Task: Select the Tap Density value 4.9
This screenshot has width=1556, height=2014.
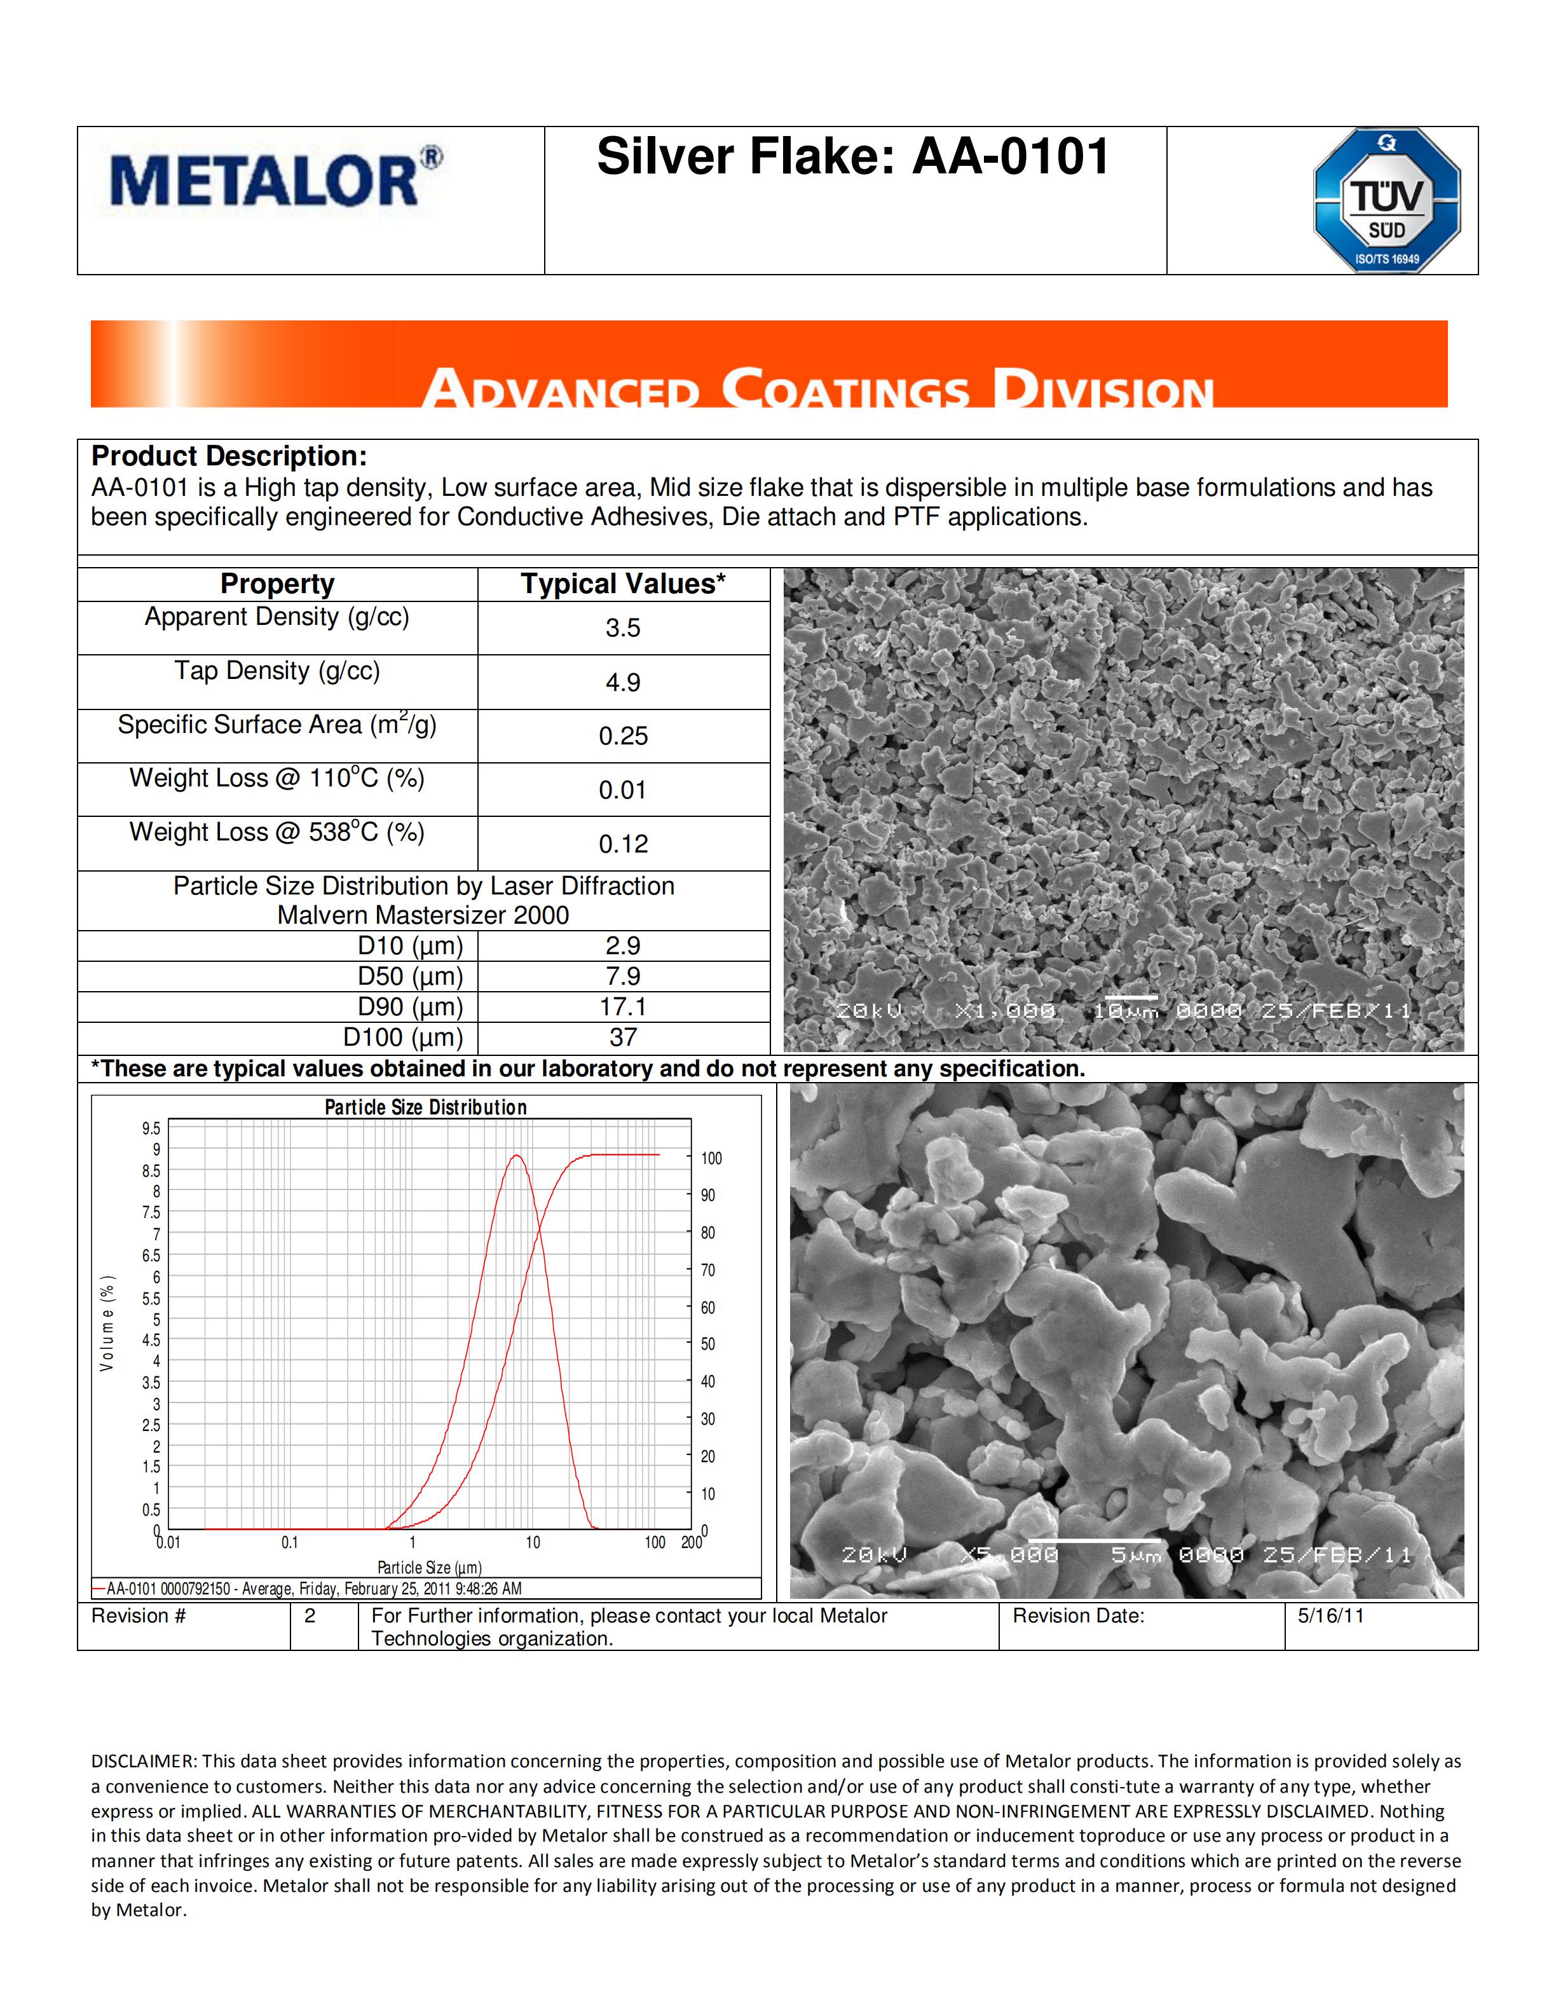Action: (623, 682)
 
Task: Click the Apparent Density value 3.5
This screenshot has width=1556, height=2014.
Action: (623, 628)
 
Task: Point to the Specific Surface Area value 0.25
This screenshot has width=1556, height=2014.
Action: (623, 736)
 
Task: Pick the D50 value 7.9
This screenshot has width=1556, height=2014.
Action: (623, 976)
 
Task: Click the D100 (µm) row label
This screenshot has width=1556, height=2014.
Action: (403, 1038)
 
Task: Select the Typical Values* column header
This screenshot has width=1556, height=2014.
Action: (623, 584)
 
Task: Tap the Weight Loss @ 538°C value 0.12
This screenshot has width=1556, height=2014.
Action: (623, 844)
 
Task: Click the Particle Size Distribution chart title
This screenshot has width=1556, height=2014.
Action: (426, 1107)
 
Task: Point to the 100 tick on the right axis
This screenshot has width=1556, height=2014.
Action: (711, 1158)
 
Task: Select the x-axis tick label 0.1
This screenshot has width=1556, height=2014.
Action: (289, 1543)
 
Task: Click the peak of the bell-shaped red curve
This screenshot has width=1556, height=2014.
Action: (517, 1156)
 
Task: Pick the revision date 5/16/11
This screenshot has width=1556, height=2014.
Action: (1330, 1615)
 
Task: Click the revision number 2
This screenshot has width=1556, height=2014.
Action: (310, 1615)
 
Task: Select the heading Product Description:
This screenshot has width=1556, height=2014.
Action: (229, 456)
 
